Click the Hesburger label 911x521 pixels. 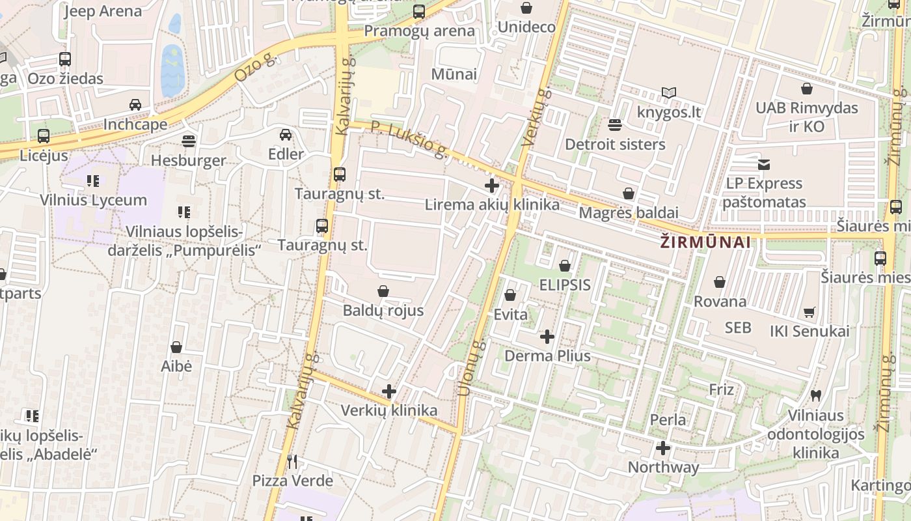click(189, 160)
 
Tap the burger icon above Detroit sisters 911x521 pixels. click(615, 124)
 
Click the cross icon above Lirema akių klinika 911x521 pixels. click(492, 186)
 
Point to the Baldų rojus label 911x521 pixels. click(383, 311)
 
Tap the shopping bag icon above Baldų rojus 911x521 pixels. click(383, 291)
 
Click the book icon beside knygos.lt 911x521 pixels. click(669, 93)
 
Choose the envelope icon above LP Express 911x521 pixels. click(764, 165)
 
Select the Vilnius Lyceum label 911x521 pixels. click(94, 200)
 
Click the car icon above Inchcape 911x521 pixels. click(135, 105)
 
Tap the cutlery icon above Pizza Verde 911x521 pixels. click(292, 462)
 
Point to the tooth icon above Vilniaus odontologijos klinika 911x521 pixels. click(816, 395)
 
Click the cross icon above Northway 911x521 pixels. click(663, 448)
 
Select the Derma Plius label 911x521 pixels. click(548, 356)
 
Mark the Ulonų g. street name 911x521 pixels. click(472, 368)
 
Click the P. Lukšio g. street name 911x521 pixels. click(410, 139)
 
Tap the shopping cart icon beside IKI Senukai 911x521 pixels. click(809, 312)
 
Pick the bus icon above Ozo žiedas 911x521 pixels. click(65, 59)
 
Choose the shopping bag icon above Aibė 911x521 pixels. click(176, 347)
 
